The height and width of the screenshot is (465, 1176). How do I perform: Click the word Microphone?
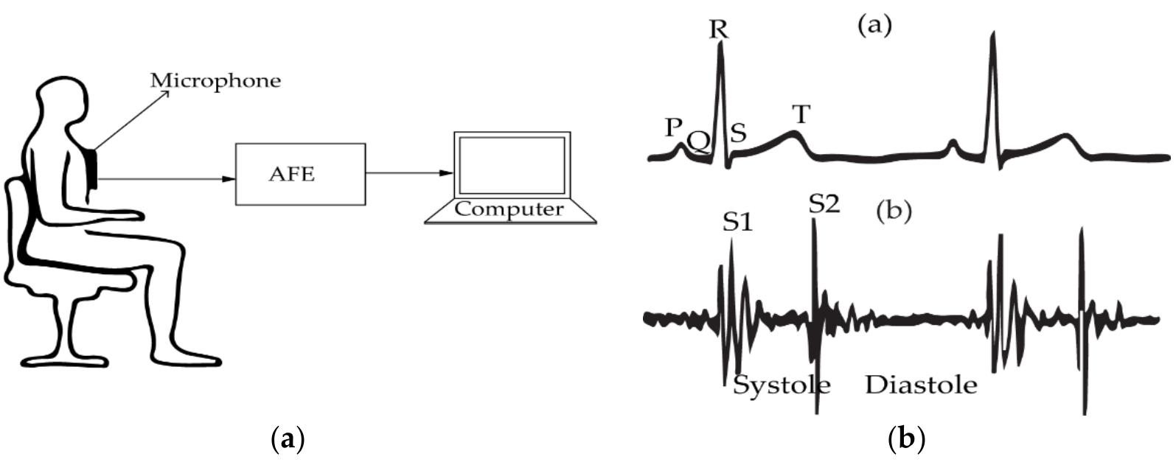click(x=215, y=80)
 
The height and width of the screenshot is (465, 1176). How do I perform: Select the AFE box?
click(x=300, y=174)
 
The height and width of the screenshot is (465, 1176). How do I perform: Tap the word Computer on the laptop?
click(x=509, y=209)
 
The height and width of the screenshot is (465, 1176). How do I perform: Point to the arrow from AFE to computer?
click(x=409, y=174)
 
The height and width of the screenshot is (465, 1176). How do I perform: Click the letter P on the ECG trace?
click(x=672, y=127)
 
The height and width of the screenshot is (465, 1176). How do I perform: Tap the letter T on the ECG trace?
click(x=801, y=114)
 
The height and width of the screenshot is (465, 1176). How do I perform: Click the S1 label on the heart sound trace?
click(x=737, y=223)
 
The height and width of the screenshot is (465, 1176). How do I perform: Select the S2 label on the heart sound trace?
click(x=824, y=204)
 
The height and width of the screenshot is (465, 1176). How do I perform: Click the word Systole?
click(x=782, y=385)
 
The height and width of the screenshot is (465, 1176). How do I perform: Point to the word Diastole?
click(x=921, y=385)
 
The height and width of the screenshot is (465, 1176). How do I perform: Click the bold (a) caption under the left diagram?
click(x=288, y=440)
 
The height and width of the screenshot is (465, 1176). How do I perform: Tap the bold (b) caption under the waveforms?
click(x=906, y=440)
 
